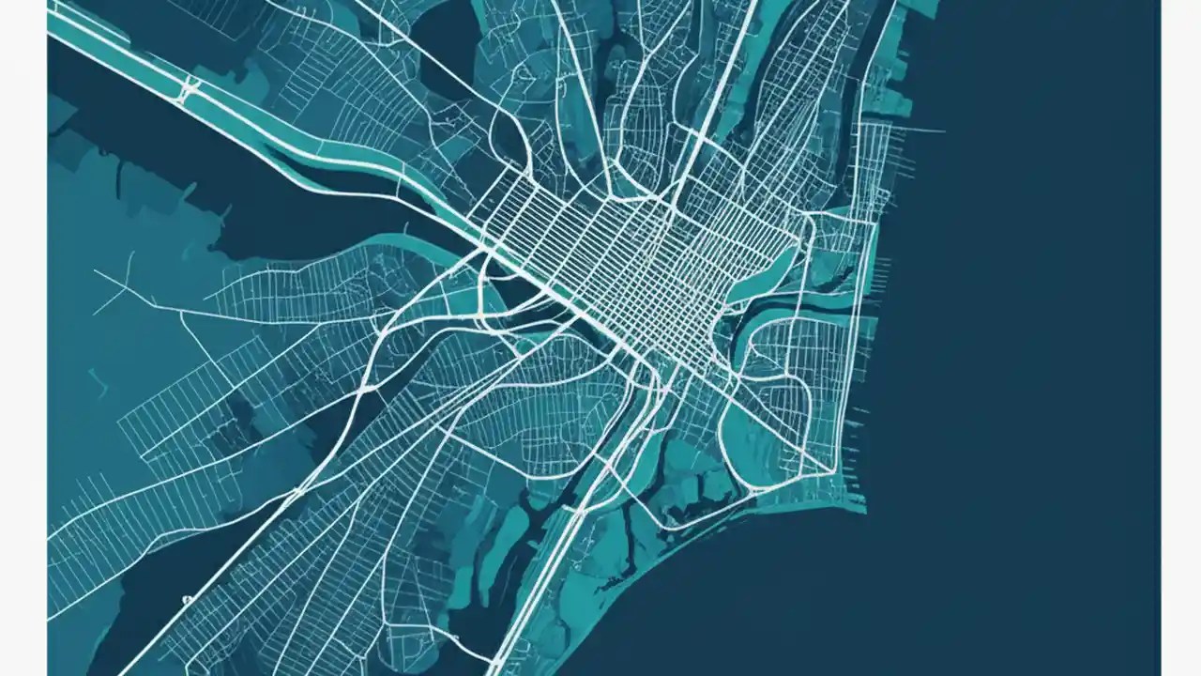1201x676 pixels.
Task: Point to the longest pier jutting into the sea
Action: click(x=924, y=131)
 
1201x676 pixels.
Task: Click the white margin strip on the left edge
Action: click(x=23, y=338)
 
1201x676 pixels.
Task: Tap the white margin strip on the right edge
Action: click(x=1180, y=338)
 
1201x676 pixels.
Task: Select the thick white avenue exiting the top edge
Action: click(x=741, y=28)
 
